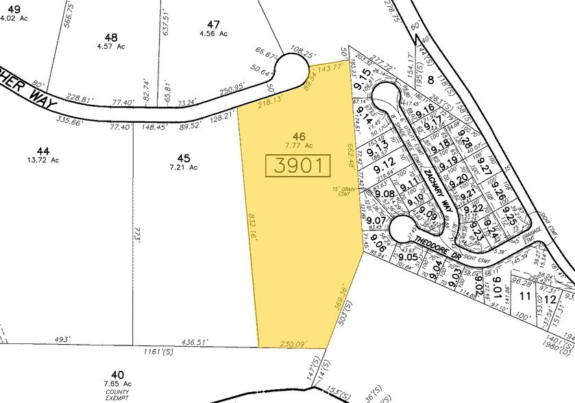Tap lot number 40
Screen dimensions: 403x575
118,374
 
